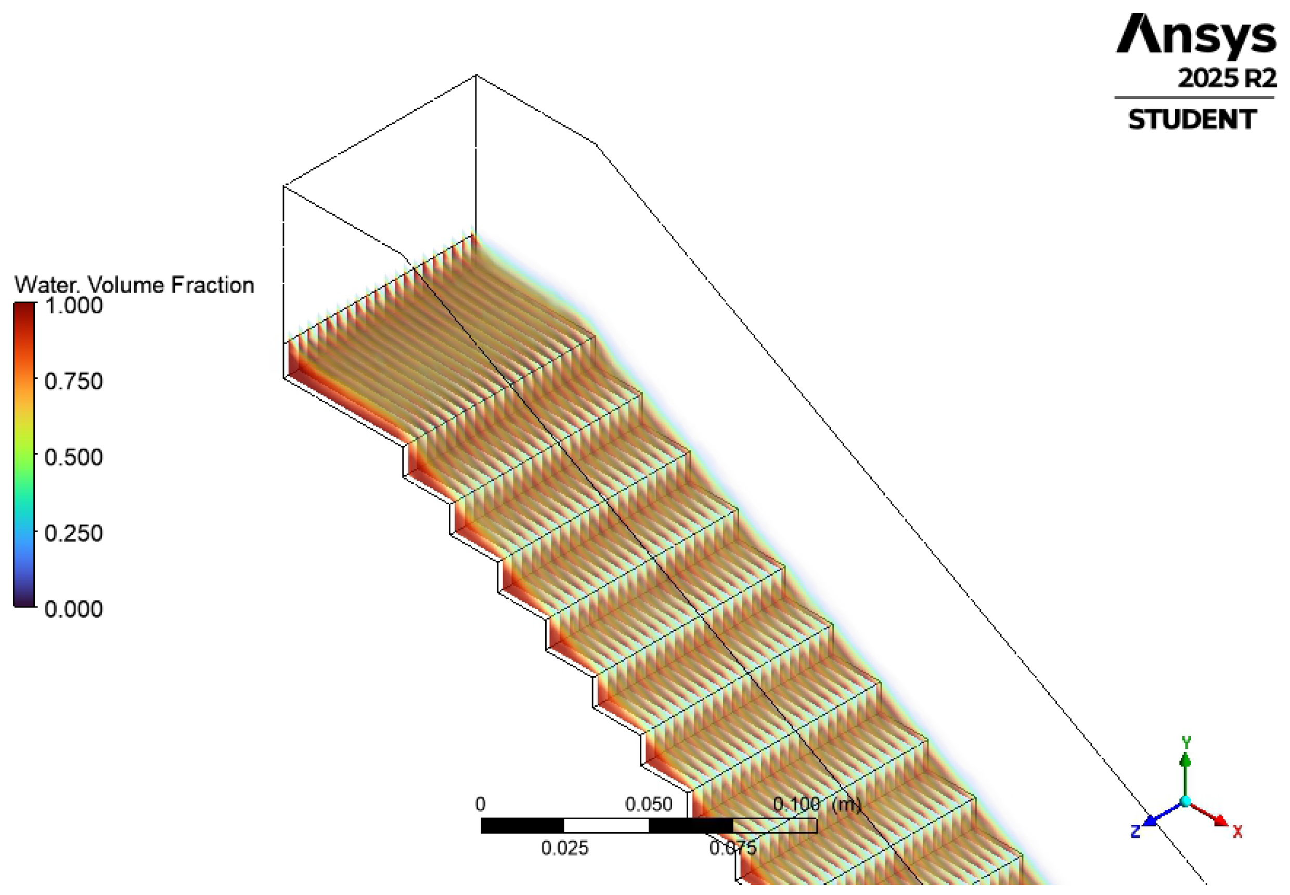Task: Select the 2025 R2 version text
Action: click(x=1227, y=78)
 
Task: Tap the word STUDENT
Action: click(x=1192, y=120)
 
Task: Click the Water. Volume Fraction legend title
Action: click(x=134, y=285)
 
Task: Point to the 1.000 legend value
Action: click(x=73, y=306)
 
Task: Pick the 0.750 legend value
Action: click(x=73, y=381)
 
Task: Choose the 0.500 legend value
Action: click(x=73, y=457)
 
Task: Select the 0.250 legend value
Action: click(x=73, y=533)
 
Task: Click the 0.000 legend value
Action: click(x=73, y=609)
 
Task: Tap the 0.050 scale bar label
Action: click(x=648, y=804)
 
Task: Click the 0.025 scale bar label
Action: click(x=564, y=848)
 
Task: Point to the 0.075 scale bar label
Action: click(x=733, y=848)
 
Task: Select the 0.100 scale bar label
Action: click(x=796, y=804)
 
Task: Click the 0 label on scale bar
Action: click(x=480, y=804)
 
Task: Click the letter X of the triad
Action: click(x=1237, y=831)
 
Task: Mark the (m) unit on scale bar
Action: click(x=847, y=804)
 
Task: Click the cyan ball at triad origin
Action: click(x=1185, y=801)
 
